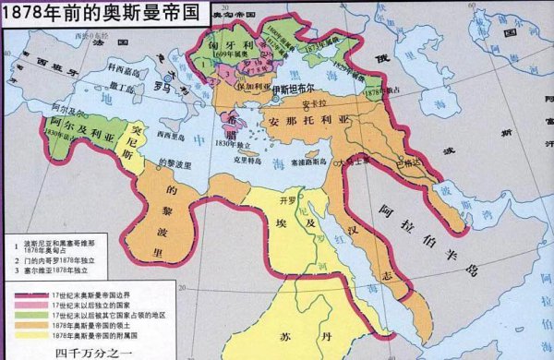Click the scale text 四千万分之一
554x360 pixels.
[92, 350]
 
